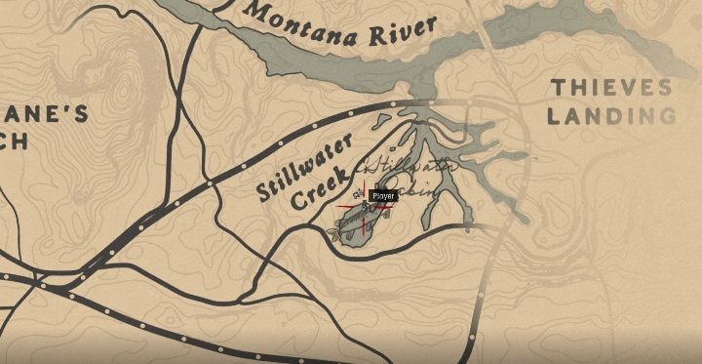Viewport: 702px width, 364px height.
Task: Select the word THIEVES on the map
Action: tap(611, 88)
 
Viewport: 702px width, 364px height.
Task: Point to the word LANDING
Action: tap(611, 117)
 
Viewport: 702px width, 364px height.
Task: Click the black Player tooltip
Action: tap(383, 196)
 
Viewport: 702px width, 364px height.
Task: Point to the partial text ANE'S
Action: tap(49, 115)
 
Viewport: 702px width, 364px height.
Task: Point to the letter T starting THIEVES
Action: tap(558, 89)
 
